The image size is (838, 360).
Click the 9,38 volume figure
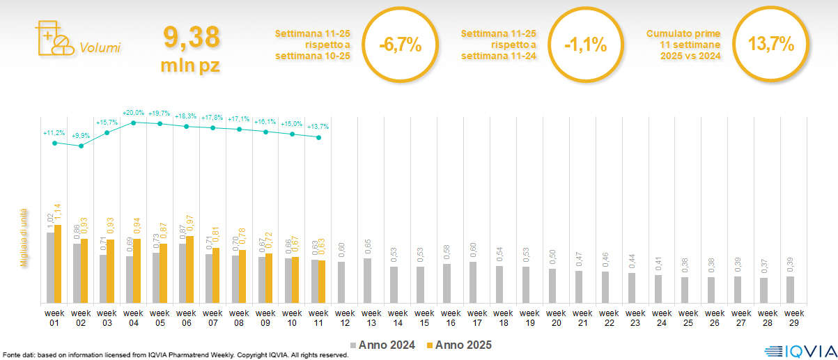point(191,37)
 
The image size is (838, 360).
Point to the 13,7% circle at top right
point(770,44)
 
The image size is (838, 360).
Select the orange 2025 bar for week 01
point(58,264)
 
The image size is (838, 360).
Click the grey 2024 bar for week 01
point(50,267)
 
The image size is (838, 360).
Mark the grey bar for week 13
point(367,281)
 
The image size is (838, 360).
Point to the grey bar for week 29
point(790,290)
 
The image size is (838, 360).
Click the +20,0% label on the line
point(133,112)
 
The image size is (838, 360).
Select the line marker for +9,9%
point(81,146)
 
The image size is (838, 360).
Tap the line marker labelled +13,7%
point(318,138)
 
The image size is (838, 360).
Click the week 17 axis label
point(477,317)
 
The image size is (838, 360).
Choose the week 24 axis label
point(660,317)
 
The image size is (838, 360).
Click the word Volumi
point(100,48)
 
